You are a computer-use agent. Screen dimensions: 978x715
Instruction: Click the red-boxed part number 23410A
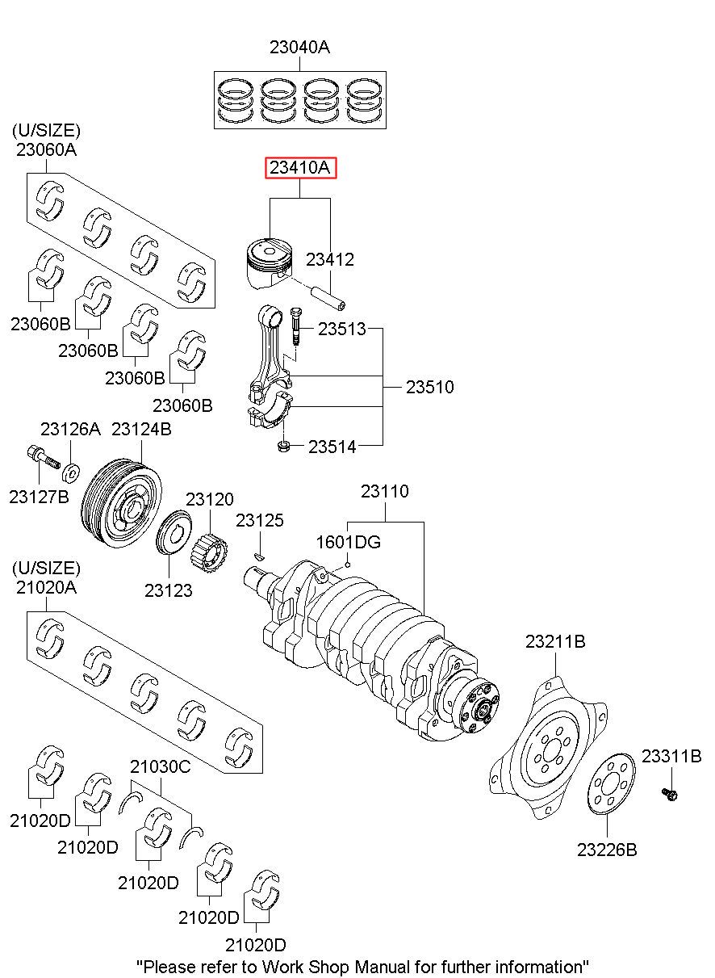point(300,168)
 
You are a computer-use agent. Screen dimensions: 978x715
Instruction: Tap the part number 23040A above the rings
point(299,48)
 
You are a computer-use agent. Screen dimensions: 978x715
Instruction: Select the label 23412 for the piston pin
point(329,260)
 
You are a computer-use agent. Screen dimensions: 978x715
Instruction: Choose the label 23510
point(429,388)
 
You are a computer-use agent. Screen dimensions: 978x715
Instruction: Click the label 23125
point(260,521)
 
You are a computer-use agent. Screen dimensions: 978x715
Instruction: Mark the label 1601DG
point(349,542)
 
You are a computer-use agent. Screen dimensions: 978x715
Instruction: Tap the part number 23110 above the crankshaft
point(384,491)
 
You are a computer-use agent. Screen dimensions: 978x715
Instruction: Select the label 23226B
point(607,849)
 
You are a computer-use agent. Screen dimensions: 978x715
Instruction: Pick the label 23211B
point(555,642)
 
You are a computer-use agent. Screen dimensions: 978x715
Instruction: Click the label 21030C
point(161,766)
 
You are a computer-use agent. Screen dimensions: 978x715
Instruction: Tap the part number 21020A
point(46,587)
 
